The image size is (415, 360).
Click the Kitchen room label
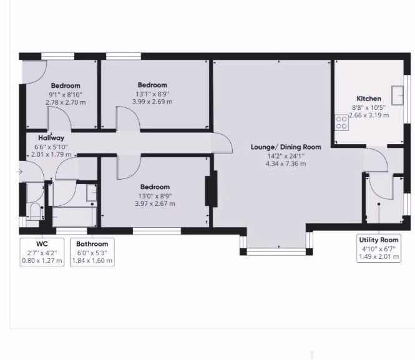(369, 99)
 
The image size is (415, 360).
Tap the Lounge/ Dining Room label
(286, 147)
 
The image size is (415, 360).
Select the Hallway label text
(51, 138)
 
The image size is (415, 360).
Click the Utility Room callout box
(379, 248)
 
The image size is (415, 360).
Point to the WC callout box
(42, 252)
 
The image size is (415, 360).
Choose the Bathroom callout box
(92, 252)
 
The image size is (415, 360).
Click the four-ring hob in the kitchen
(341, 122)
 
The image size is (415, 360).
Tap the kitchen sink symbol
(398, 95)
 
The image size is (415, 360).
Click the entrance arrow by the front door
(19, 172)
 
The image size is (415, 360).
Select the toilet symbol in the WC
(35, 212)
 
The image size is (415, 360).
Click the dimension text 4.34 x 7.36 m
(286, 163)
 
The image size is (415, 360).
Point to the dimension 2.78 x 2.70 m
(66, 102)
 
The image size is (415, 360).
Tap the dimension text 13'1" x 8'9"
(152, 94)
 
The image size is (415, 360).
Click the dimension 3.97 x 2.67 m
(155, 203)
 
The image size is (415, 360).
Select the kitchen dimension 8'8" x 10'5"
(369, 107)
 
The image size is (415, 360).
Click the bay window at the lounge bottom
(276, 251)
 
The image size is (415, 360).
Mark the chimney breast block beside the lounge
(211, 188)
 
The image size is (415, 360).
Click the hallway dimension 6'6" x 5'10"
(51, 147)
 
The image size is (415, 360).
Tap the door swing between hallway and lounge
(222, 143)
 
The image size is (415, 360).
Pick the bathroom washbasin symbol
(92, 193)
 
